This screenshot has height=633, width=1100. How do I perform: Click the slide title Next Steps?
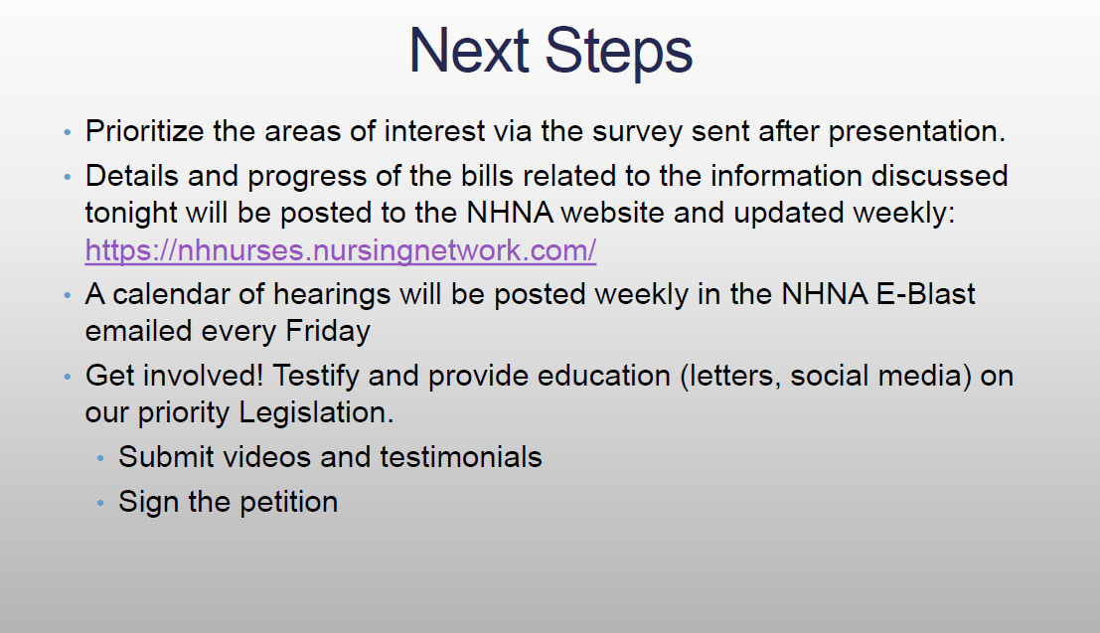(x=550, y=51)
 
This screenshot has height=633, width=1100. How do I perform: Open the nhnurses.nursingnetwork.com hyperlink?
(x=341, y=249)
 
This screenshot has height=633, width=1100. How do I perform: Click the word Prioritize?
(x=144, y=131)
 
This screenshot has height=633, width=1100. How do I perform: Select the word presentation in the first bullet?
(x=917, y=131)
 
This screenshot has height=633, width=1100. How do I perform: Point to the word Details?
(x=132, y=176)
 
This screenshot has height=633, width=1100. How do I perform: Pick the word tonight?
(x=130, y=214)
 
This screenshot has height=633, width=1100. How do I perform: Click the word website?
(x=612, y=213)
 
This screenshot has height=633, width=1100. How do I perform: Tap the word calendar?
(x=171, y=294)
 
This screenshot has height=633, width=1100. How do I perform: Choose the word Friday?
(x=328, y=331)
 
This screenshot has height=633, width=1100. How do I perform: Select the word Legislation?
(x=316, y=412)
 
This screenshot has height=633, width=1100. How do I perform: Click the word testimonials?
(x=461, y=457)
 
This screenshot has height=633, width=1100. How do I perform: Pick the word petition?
(x=288, y=503)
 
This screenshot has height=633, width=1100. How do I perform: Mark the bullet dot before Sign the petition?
(x=101, y=503)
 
